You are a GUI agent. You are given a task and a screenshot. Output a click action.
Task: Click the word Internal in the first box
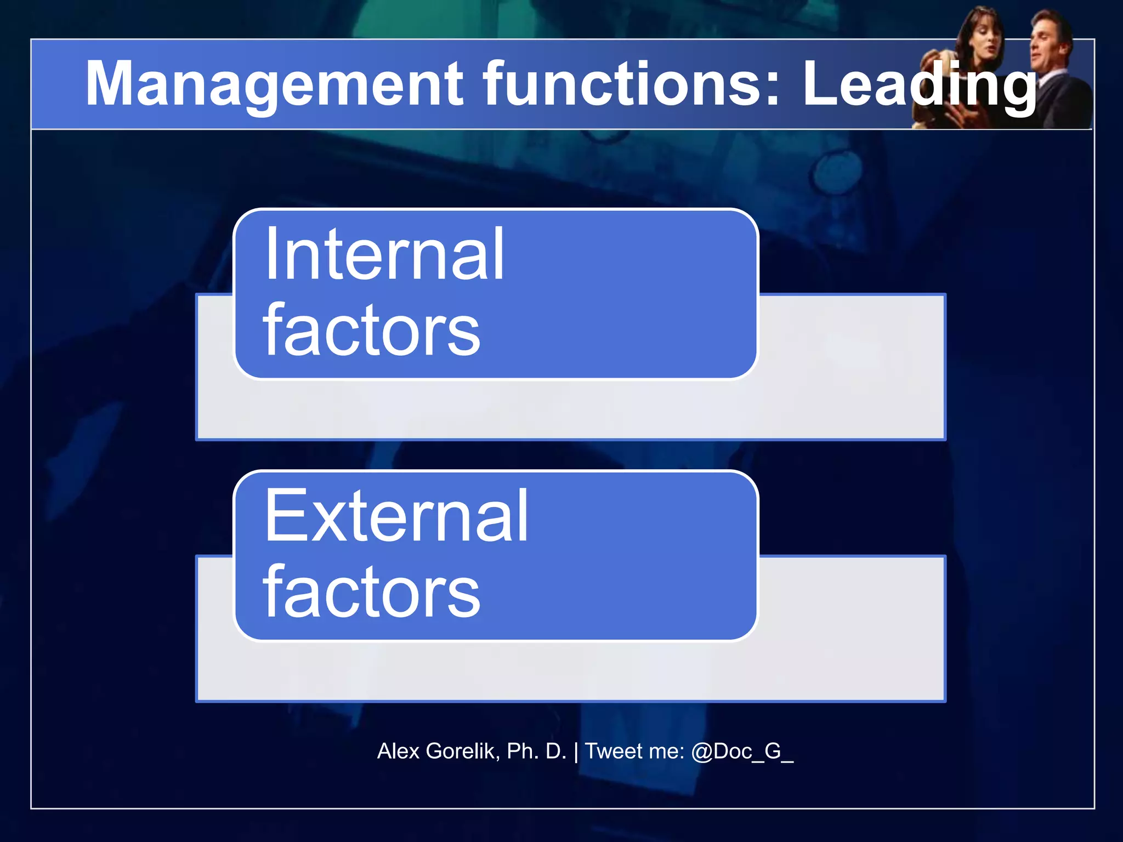(x=384, y=255)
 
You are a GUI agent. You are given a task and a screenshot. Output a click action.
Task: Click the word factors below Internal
(x=371, y=330)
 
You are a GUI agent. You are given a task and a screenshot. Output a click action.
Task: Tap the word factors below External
(x=371, y=592)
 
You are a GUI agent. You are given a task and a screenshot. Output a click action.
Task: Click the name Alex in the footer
(x=398, y=751)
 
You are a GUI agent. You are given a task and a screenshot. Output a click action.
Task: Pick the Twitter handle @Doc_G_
(x=742, y=752)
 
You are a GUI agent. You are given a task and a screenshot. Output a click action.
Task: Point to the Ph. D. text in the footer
(x=536, y=751)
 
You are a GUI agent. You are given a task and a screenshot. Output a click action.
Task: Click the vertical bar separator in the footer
(x=576, y=752)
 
